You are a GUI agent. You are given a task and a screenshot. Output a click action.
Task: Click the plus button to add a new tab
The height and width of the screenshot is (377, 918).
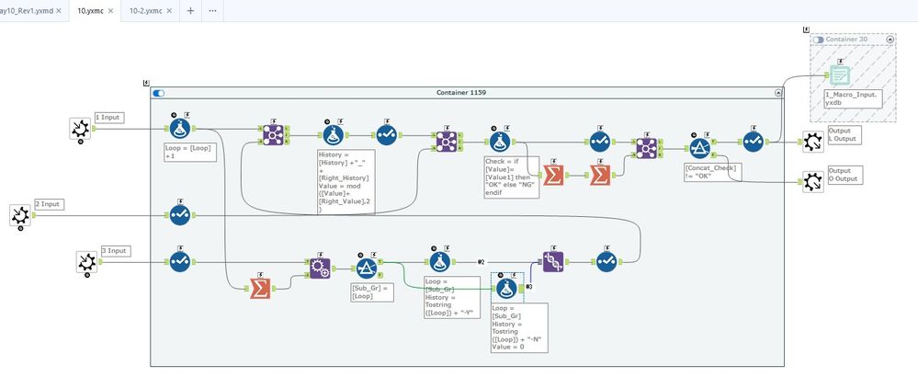[190, 10]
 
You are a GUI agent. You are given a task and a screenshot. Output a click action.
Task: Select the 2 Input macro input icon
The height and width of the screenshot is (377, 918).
[19, 215]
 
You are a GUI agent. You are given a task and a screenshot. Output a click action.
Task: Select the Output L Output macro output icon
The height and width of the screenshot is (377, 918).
[813, 141]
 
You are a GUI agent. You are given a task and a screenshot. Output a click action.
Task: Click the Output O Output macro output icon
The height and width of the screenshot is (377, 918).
[813, 181]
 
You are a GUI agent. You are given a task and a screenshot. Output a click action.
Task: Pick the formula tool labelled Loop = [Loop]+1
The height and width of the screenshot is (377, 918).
[181, 128]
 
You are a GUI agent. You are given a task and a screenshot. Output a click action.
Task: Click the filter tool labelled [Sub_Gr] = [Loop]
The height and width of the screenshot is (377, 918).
[366, 267]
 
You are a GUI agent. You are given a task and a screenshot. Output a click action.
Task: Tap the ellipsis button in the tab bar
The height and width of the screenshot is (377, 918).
[213, 10]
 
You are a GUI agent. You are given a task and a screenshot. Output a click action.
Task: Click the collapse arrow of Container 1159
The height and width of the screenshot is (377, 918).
[779, 93]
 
